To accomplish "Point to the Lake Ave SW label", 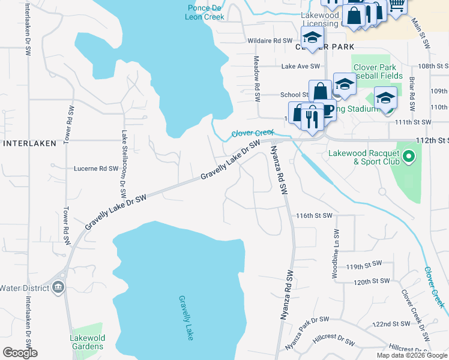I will click(x=304, y=66).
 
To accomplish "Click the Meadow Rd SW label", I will click(x=256, y=74).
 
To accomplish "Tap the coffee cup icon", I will click(x=327, y=112).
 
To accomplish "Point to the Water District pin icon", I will click(x=58, y=287).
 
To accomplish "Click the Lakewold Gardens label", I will click(x=87, y=342).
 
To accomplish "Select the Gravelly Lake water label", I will click(x=185, y=317).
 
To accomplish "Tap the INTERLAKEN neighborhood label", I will click(x=30, y=143).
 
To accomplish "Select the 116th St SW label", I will click(x=314, y=215).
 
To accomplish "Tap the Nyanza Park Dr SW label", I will click(x=307, y=334).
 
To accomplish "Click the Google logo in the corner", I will click(x=20, y=353).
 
